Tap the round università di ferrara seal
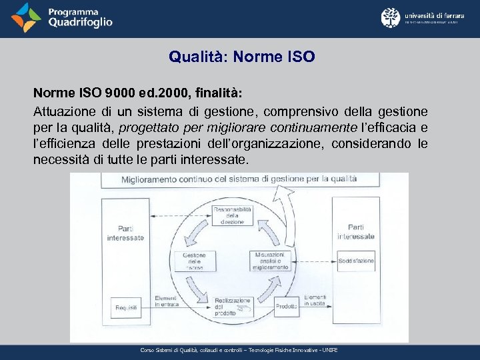[391, 18]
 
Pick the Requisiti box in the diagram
[126, 307]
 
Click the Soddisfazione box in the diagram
[355, 261]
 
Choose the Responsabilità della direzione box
[232, 215]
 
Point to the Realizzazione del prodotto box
[232, 306]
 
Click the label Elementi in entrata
[166, 301]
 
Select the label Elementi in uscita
[312, 300]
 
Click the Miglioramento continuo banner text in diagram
[239, 179]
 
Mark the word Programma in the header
[73, 11]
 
